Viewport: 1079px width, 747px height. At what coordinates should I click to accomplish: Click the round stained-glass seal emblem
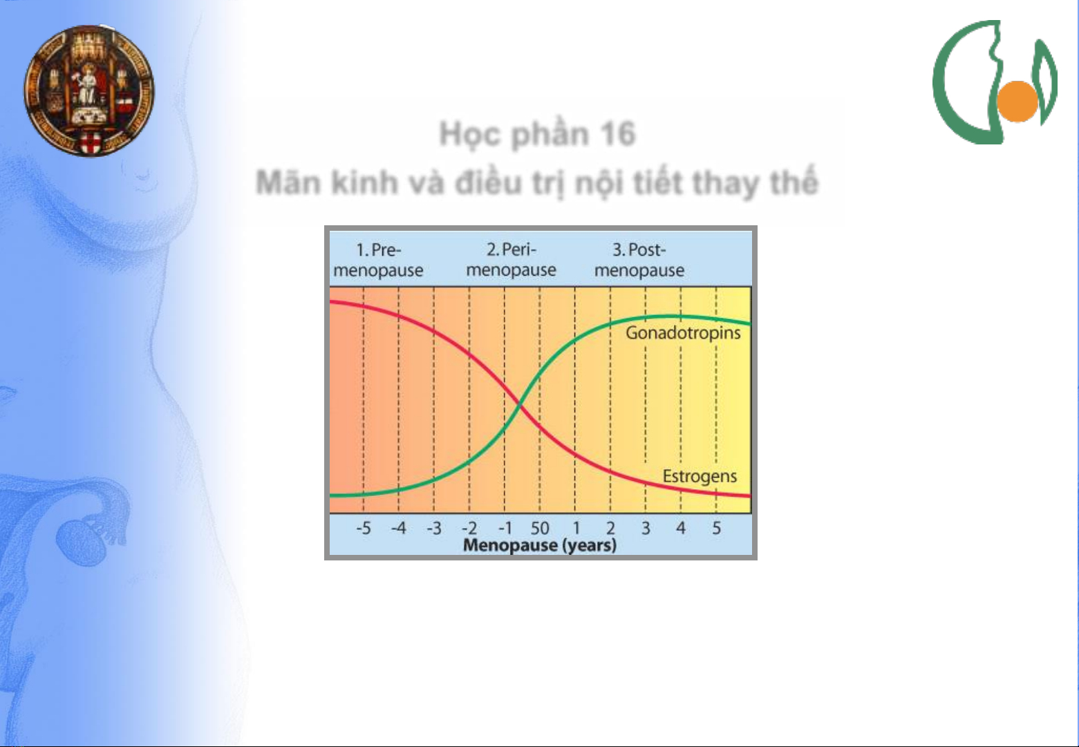point(89,91)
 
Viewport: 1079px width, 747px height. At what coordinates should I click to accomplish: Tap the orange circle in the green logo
point(1017,101)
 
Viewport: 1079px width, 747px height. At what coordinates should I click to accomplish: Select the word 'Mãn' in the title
point(288,183)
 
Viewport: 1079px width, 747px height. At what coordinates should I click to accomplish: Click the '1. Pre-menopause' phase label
point(378,260)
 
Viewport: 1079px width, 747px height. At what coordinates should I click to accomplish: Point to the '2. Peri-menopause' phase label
point(511,260)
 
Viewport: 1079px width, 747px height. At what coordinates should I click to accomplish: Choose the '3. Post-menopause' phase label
point(639,260)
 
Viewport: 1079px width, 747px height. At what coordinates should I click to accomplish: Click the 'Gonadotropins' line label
point(683,333)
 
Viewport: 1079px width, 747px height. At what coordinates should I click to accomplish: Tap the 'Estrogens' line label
point(700,476)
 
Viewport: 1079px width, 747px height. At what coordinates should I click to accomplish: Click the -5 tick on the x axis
point(364,529)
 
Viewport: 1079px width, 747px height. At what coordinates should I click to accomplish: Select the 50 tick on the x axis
point(540,529)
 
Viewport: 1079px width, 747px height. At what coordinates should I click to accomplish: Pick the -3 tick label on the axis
point(434,529)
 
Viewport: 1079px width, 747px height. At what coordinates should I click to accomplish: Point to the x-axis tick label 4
point(681,529)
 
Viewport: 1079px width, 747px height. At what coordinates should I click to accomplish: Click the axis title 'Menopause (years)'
point(539,545)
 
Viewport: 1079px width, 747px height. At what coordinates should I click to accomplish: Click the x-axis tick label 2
point(610,529)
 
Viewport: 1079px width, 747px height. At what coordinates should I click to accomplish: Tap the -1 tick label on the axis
point(505,529)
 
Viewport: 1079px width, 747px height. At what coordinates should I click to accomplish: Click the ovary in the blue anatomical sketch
point(80,542)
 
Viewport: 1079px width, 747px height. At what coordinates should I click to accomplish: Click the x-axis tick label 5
point(716,529)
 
